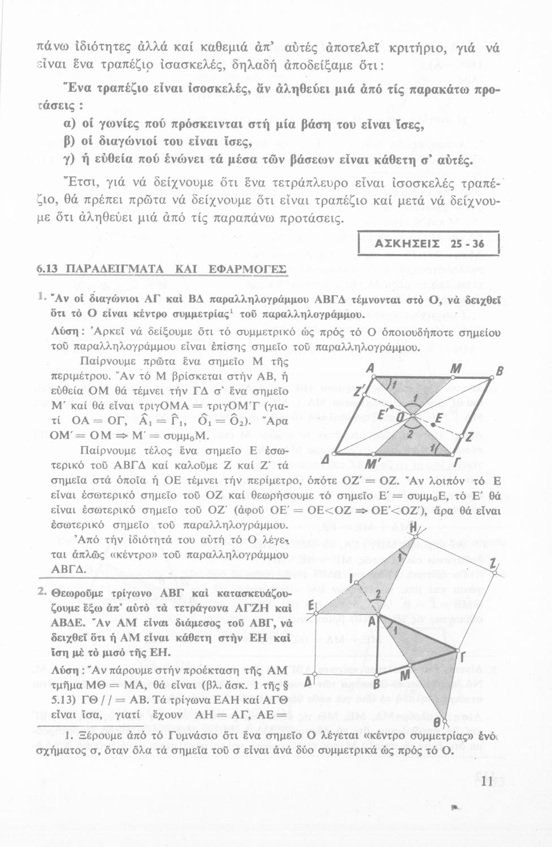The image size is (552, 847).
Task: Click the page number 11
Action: click(x=489, y=781)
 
